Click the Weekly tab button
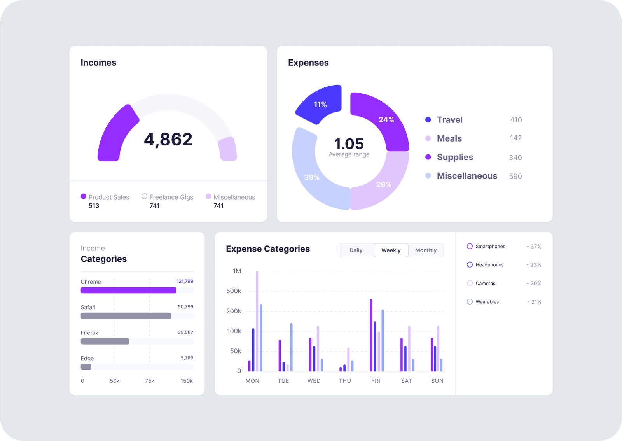(x=391, y=250)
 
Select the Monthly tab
(x=426, y=250)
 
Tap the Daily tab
(x=356, y=250)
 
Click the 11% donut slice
(x=320, y=104)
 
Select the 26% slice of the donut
(x=383, y=184)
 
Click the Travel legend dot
(x=428, y=120)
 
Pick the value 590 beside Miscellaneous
(x=515, y=176)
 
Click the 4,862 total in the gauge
(x=168, y=139)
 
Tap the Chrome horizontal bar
(x=128, y=290)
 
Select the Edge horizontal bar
(x=86, y=367)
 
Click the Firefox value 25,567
(x=185, y=332)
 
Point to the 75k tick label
(x=150, y=381)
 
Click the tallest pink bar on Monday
(x=257, y=321)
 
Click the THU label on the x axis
(x=345, y=381)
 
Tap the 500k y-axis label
(x=234, y=291)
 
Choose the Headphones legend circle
(x=470, y=265)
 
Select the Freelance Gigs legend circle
(x=145, y=196)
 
